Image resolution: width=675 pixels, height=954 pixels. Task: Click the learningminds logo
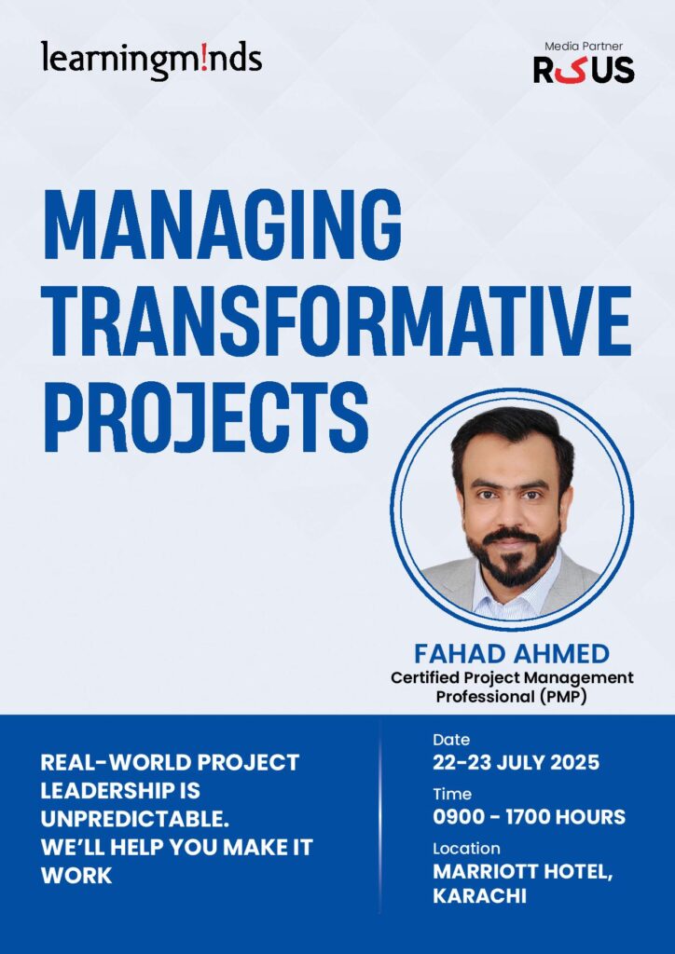point(152,61)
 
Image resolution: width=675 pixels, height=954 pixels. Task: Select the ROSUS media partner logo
point(584,69)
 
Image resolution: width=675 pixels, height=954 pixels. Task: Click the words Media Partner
point(584,46)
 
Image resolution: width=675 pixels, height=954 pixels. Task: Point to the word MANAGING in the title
point(223,226)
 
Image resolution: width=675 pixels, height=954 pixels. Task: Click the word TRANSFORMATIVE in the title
point(337,322)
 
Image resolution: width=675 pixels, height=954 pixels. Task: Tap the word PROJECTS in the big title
point(206,417)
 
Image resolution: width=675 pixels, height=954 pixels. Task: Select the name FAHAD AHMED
point(512,655)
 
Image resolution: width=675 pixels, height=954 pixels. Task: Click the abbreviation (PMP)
point(562,697)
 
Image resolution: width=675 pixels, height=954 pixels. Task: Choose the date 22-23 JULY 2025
point(517,762)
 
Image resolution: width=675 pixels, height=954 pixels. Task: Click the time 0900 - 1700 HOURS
point(529,816)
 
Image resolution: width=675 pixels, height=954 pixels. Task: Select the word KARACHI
point(479,896)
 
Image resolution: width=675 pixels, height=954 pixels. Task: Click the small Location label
point(466,848)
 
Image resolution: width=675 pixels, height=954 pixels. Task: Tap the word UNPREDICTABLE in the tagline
point(134,819)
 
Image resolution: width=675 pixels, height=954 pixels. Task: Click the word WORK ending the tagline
point(76,876)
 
